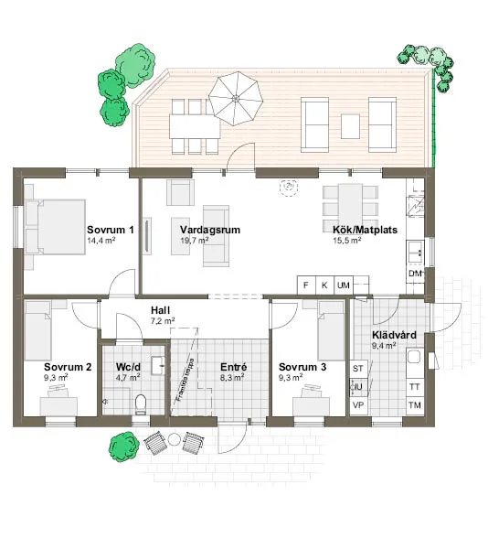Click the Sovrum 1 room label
[x=111, y=229]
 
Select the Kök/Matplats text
[x=364, y=230]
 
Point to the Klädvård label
[x=395, y=335]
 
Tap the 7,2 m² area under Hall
[x=163, y=322]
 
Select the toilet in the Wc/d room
[x=140, y=402]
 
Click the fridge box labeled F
[x=306, y=285]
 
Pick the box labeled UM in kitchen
[x=344, y=285]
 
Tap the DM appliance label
[x=414, y=274]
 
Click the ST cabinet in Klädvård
[x=358, y=368]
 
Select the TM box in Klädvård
[x=414, y=405]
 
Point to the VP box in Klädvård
[x=358, y=405]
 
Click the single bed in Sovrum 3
[x=331, y=334]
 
